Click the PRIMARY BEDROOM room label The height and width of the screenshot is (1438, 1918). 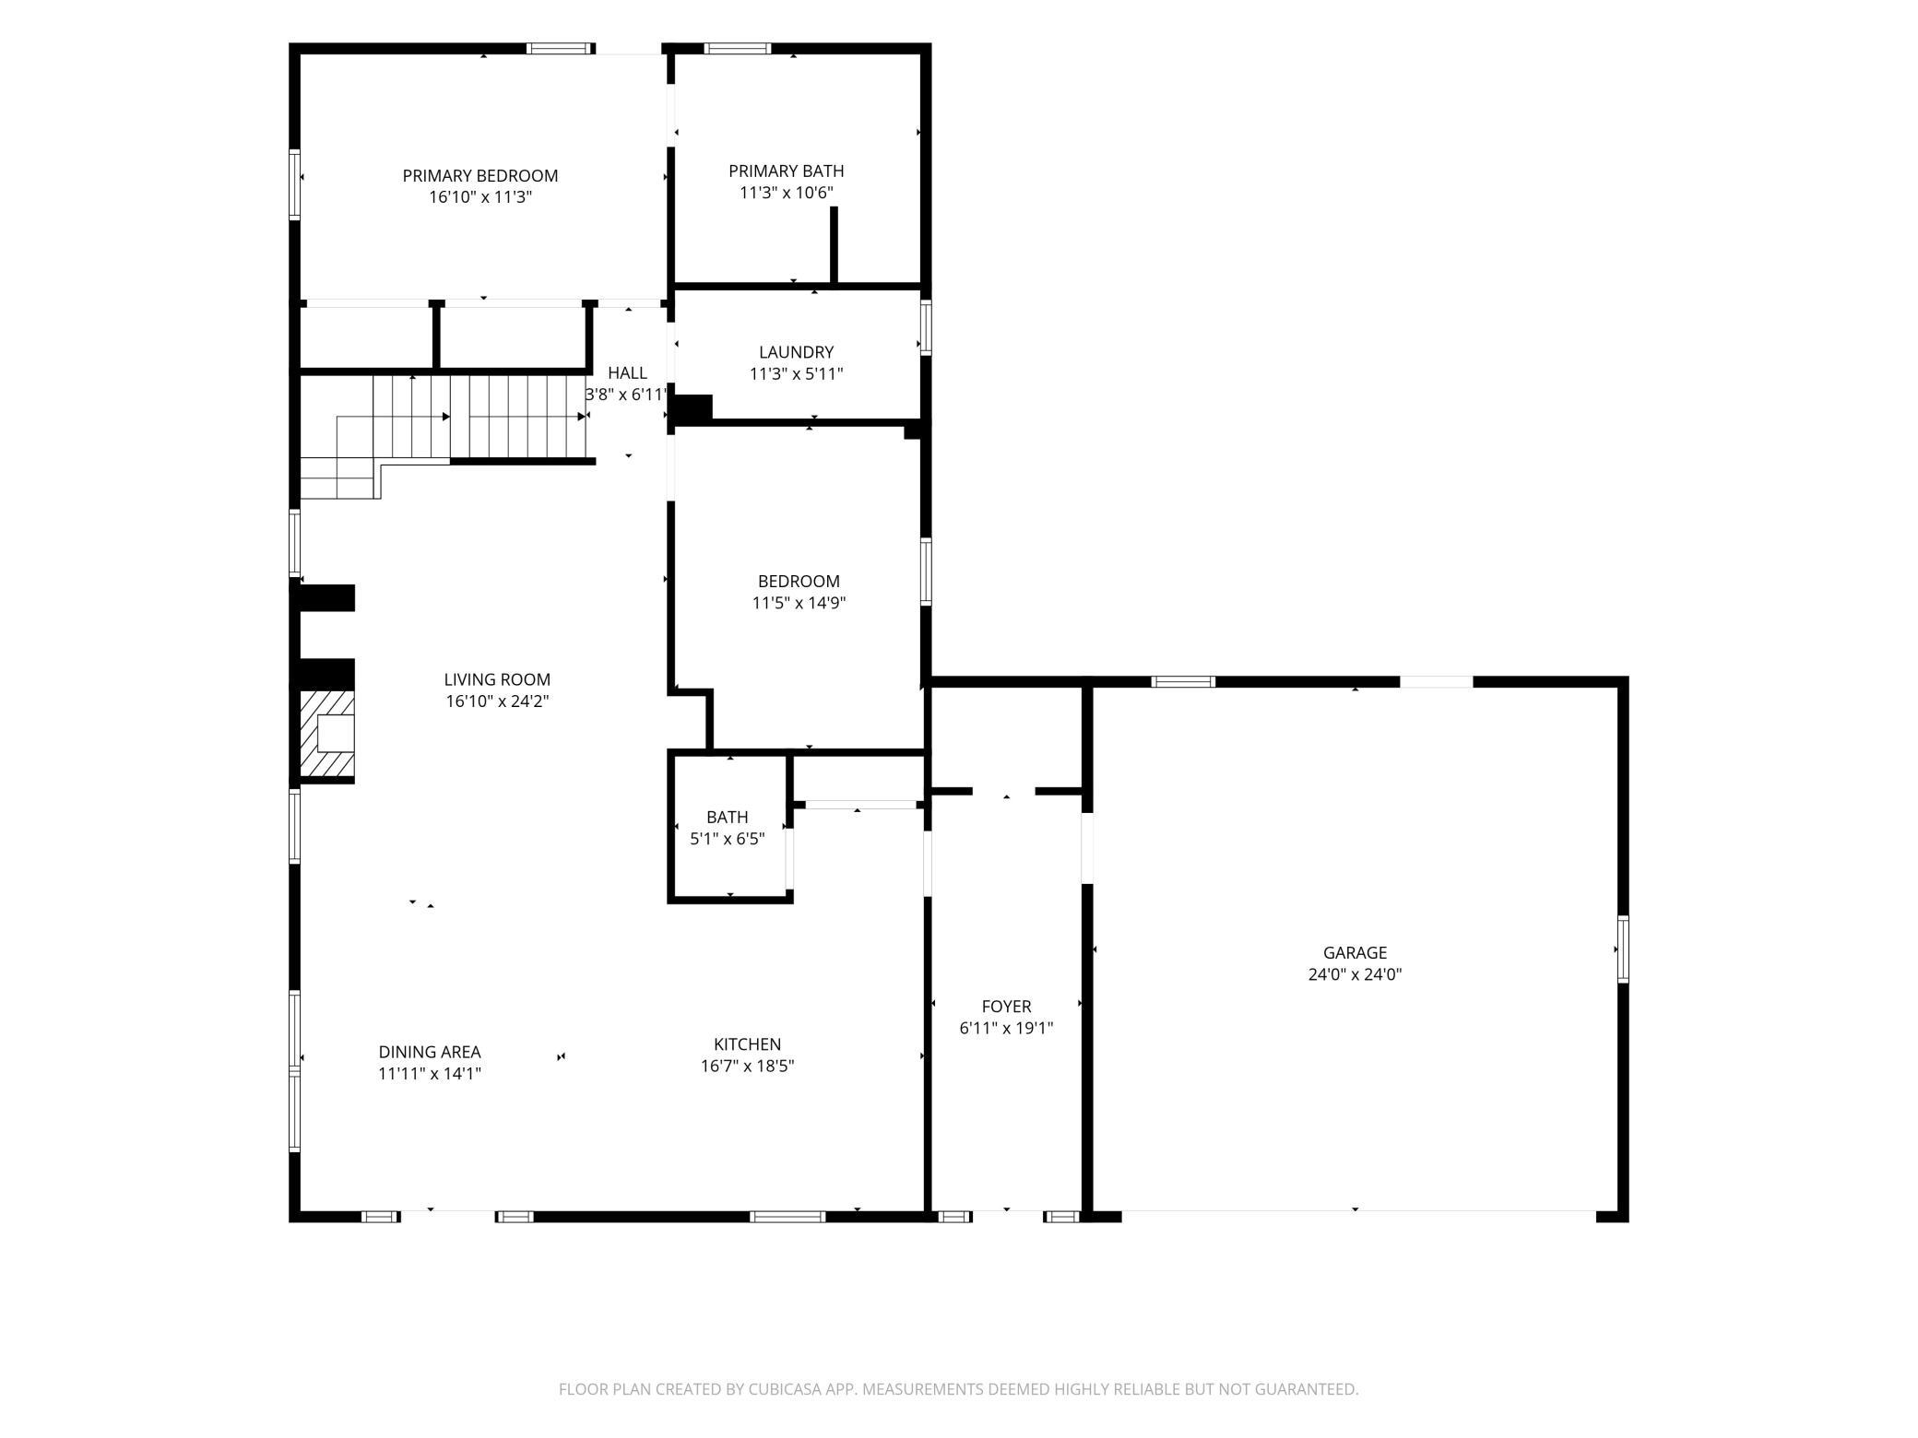coord(479,175)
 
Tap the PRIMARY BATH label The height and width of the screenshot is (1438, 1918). coord(786,171)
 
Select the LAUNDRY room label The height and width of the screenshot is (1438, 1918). coord(796,351)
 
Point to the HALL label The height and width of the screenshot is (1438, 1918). coord(627,372)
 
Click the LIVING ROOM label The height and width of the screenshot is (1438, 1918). coord(497,679)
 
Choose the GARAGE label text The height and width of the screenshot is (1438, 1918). coord(1355,952)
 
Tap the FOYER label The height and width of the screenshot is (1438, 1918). coord(1006,1006)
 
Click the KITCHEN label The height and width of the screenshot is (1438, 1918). coord(747,1043)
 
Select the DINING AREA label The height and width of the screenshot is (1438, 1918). coord(430,1051)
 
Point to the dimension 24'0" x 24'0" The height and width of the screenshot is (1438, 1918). coord(1355,974)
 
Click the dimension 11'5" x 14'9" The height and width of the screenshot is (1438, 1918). coord(799,603)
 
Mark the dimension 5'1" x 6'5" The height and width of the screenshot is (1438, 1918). coord(728,839)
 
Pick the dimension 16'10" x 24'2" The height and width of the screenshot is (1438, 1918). coord(497,701)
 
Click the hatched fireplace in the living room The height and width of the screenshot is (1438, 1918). coord(327,734)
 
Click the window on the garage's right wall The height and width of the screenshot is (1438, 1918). coord(1623,949)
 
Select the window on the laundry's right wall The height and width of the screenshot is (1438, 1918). coord(926,327)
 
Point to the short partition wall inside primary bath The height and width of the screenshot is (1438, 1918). coord(834,245)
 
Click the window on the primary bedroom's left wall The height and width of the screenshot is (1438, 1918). coord(295,184)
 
